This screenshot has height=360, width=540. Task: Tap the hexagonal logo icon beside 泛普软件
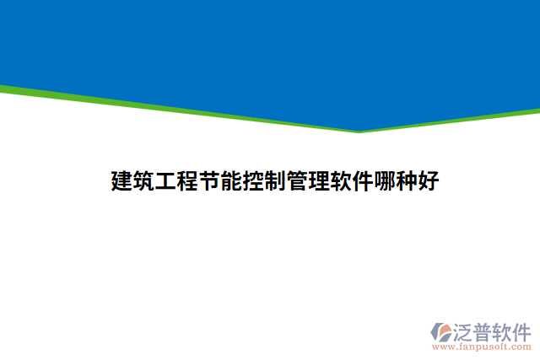pyautogui.click(x=440, y=331)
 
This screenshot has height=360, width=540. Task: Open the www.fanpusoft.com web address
pyautogui.click(x=481, y=347)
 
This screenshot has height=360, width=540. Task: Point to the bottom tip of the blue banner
pyautogui.click(x=360, y=130)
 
